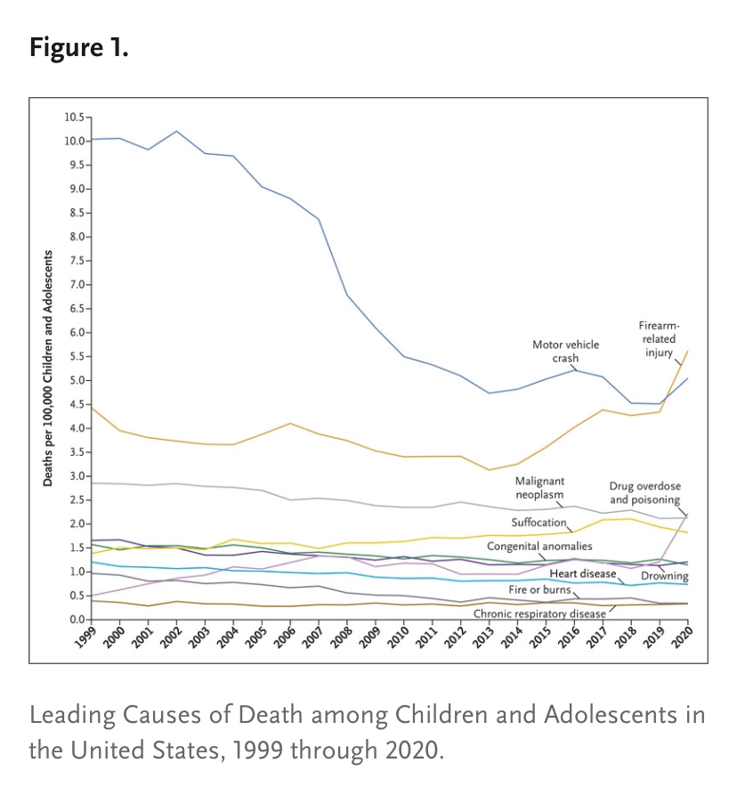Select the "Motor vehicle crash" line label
tap(565, 351)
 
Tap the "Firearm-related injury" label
tap(658, 339)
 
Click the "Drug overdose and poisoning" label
tap(644, 493)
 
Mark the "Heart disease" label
tap(582, 573)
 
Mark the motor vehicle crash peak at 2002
tap(176, 131)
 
